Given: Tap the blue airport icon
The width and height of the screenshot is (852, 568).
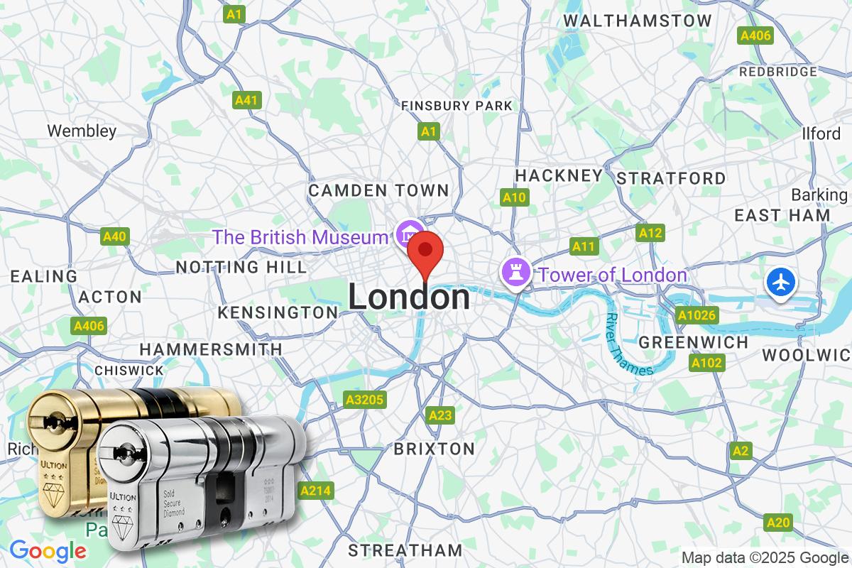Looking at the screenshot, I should [x=780, y=283].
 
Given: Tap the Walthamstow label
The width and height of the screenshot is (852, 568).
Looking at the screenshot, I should [x=637, y=21].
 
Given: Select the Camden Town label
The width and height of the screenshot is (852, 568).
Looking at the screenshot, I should [x=378, y=190].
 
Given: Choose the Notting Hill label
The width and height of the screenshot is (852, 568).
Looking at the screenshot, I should [x=241, y=267].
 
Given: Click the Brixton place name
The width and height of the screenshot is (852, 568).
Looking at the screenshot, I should [x=434, y=449].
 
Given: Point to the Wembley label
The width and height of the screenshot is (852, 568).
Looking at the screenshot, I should [x=82, y=131].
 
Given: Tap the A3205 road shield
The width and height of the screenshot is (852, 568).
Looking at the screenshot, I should [x=364, y=400].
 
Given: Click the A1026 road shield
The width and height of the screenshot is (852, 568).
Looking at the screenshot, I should [x=697, y=315].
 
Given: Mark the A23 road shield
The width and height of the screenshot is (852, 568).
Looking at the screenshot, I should [x=440, y=415].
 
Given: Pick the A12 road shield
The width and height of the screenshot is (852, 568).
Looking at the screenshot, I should [x=650, y=233].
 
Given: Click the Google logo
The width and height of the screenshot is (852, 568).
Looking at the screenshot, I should [x=48, y=550].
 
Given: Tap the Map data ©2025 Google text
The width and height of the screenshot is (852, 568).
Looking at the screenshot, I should [x=765, y=557].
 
